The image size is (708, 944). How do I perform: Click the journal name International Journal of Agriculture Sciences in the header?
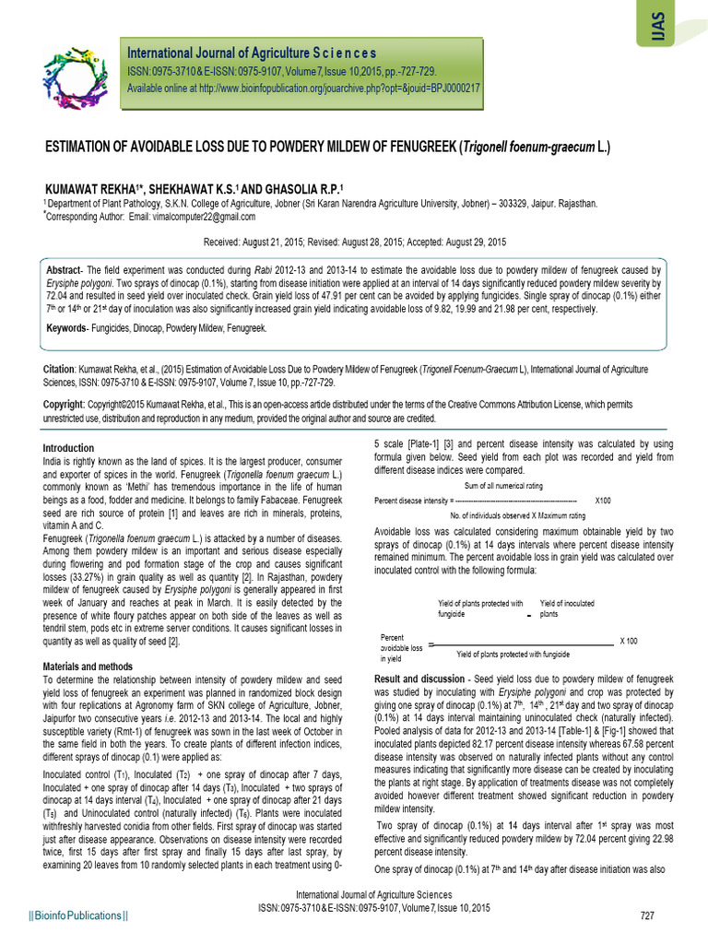pyautogui.click(x=251, y=53)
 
